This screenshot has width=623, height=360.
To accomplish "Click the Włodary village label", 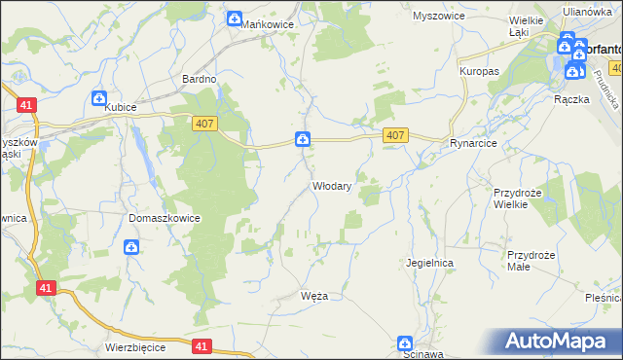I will [x=331, y=185].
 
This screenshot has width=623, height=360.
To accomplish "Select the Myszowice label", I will [x=436, y=17].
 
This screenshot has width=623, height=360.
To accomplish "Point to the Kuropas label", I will [x=479, y=72].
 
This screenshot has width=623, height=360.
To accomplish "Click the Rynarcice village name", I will [x=474, y=143].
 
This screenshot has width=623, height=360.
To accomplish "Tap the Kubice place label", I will [x=123, y=108].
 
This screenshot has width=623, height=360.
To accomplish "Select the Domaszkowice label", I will [x=164, y=218].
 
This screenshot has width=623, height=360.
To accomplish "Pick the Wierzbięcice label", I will [x=135, y=346].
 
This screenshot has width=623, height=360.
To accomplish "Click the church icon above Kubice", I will [x=98, y=98].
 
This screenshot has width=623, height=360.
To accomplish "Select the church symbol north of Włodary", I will [x=304, y=140].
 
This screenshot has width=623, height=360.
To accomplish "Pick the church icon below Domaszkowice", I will [x=131, y=248].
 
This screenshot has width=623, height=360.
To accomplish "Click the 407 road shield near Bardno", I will [x=203, y=120].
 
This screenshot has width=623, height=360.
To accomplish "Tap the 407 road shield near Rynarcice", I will [x=394, y=135].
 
